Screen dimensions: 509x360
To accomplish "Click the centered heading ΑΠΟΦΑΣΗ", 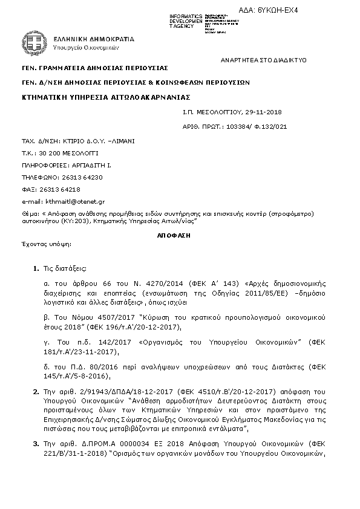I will coord(179,232).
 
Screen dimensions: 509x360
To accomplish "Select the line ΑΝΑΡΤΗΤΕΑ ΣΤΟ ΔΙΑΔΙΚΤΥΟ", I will coord(264,60).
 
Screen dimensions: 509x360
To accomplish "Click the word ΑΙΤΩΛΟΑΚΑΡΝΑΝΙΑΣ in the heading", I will coord(151,96).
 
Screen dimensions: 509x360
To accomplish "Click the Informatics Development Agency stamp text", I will coord(186,20).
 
